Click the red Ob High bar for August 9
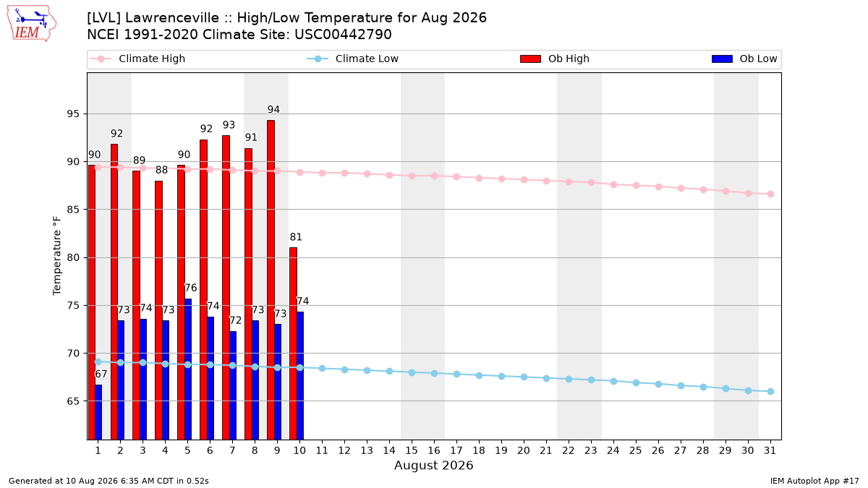(271, 280)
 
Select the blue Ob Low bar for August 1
(98, 412)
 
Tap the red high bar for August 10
(294, 343)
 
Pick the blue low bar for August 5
(188, 369)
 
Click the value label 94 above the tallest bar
(273, 110)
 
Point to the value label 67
(101, 374)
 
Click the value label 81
(296, 237)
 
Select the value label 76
(191, 288)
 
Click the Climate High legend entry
(138, 59)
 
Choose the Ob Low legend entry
(744, 59)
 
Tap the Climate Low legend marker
(318, 59)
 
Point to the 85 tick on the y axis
(73, 210)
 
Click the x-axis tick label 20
(524, 450)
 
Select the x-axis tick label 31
(770, 450)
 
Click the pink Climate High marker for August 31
(770, 194)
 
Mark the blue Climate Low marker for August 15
(412, 372)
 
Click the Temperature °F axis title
(57, 256)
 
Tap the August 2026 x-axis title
(433, 465)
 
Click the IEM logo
(32, 24)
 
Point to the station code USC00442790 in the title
(343, 35)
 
